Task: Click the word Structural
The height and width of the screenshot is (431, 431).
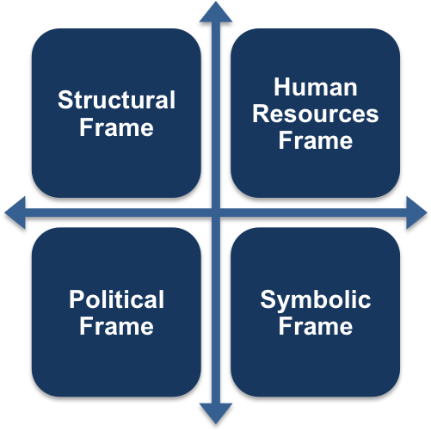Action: coord(116,100)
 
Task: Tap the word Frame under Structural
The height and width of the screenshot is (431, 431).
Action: coord(116,127)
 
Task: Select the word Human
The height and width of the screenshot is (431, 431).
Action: coord(316,87)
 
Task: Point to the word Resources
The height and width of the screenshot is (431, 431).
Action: coord(316,114)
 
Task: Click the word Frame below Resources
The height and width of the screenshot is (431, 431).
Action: coord(316,140)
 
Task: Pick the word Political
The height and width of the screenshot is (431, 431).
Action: coord(116,299)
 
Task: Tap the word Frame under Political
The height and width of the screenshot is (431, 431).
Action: coord(116,326)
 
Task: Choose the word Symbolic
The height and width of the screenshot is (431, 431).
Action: coord(316,300)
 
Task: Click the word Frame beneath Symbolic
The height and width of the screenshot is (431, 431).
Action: coord(316,326)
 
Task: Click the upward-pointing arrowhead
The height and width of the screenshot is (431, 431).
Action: coord(216,12)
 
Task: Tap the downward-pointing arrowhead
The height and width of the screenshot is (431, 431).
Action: coord(216,413)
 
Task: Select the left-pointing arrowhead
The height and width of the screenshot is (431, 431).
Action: coord(15,212)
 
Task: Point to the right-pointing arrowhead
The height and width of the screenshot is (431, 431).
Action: coord(416,212)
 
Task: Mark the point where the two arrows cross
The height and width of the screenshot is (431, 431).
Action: coord(216,212)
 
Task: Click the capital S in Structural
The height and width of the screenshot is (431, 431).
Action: coord(65,100)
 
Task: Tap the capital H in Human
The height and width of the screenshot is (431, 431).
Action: coord(281,87)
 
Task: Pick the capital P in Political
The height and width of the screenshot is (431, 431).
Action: coord(76,299)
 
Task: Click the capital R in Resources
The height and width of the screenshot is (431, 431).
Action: coord(261,114)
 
